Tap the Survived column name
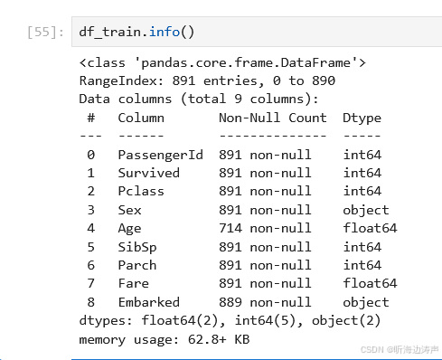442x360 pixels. coord(148,173)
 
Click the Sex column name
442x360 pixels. coord(129,210)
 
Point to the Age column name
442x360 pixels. coord(129,228)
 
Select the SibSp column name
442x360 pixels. coord(136,247)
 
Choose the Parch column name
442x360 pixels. coord(136,265)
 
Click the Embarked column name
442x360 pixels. coord(148,302)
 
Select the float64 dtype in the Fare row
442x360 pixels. coord(370,284)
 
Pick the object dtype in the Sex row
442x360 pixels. coord(366,210)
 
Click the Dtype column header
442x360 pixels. coord(362,118)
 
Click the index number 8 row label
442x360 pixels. coord(90,302)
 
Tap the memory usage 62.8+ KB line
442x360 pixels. coord(164,339)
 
